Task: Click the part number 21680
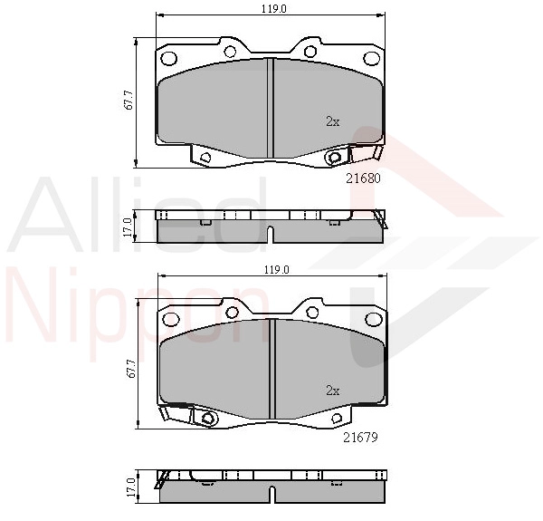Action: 363,178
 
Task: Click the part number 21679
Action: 360,438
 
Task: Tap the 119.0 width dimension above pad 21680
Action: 273,9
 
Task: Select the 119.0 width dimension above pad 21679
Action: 276,269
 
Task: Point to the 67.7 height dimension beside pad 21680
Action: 129,101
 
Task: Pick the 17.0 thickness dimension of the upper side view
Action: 128,227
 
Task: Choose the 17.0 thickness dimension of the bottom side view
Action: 130,487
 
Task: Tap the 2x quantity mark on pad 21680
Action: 333,121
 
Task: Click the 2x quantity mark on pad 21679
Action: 332,391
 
